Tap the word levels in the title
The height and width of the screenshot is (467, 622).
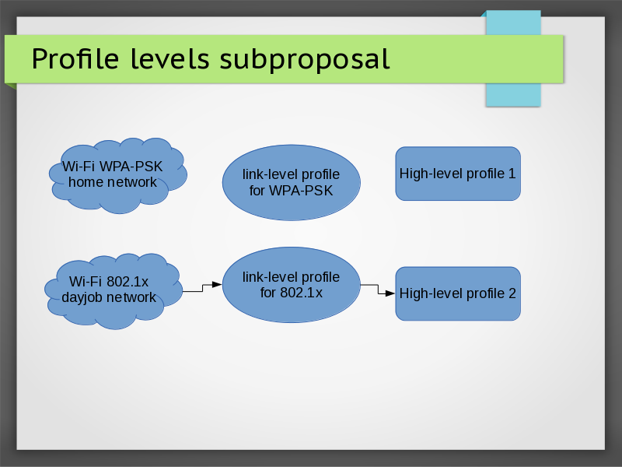[x=165, y=58]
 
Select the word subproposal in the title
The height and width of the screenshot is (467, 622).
[x=304, y=59]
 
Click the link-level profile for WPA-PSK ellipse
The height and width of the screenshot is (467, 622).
[x=291, y=182]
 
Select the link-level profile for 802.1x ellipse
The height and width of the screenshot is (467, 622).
[x=291, y=285]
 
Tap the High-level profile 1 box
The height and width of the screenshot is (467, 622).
[x=458, y=174]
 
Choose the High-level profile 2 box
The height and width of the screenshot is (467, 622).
[x=458, y=293]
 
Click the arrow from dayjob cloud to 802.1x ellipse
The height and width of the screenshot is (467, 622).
[x=202, y=287]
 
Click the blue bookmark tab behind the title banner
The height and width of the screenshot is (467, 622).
[x=512, y=93]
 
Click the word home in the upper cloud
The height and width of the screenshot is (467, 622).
[x=86, y=182]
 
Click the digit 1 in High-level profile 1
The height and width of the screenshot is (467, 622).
[x=512, y=174]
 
